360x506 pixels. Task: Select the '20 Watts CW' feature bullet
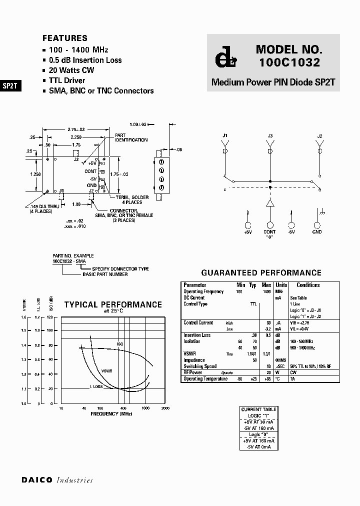pyautogui.click(x=71, y=70)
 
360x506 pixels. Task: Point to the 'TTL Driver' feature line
pyautogui.click(x=67, y=80)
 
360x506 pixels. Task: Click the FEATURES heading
pyautogui.click(x=65, y=38)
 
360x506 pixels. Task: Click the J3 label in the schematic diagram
pyautogui.click(x=270, y=135)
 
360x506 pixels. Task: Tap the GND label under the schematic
pyautogui.click(x=317, y=232)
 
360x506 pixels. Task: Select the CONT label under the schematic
pyautogui.click(x=270, y=232)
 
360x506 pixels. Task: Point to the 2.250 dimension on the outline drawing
pyautogui.click(x=76, y=137)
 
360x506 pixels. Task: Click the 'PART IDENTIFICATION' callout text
pyautogui.click(x=131, y=137)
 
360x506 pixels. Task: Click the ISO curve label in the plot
pyautogui.click(x=120, y=344)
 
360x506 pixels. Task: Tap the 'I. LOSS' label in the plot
pyautogui.click(x=96, y=386)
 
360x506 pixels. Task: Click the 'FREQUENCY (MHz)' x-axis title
pyautogui.click(x=111, y=414)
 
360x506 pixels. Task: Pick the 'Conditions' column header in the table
pyautogui.click(x=308, y=285)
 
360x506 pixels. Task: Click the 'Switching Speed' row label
pyautogui.click(x=200, y=366)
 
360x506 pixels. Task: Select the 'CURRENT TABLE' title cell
pyautogui.click(x=258, y=409)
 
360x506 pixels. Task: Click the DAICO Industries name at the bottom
pyautogui.click(x=57, y=480)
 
